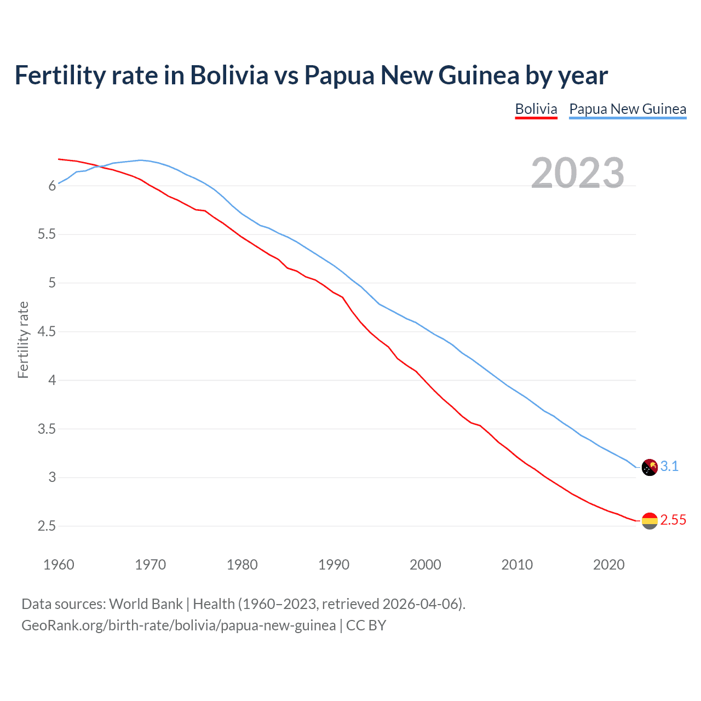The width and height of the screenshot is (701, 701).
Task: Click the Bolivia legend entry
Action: pos(536,109)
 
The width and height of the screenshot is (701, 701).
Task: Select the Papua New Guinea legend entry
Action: pos(628,109)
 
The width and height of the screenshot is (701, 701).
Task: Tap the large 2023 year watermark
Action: pos(578,173)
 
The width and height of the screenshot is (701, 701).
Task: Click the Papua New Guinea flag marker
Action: pos(650,467)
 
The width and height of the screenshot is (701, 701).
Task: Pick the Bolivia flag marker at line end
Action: pos(650,520)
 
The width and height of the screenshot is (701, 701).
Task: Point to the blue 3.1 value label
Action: pos(669,466)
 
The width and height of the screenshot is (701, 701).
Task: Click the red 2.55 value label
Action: pos(673,520)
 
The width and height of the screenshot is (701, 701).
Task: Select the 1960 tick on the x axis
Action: pos(59,565)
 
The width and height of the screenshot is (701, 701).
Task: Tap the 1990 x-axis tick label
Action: pos(334,565)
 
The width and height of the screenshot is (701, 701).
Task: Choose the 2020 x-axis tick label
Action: pos(608,565)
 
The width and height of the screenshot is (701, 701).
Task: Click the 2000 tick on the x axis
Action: pos(425,565)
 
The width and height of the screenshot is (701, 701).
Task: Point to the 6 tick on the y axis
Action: pos(53,186)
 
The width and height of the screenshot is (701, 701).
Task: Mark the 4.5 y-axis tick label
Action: pos(47,332)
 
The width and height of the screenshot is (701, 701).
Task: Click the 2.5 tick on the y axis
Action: pos(47,526)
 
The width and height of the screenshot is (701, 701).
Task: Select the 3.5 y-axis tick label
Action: pos(47,429)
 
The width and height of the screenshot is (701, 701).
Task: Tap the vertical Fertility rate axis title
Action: pos(23,340)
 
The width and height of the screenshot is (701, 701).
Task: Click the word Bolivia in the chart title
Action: pos(229,75)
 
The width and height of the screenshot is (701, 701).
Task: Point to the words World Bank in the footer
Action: pos(146,604)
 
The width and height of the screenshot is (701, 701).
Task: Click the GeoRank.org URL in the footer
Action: pos(179,625)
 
